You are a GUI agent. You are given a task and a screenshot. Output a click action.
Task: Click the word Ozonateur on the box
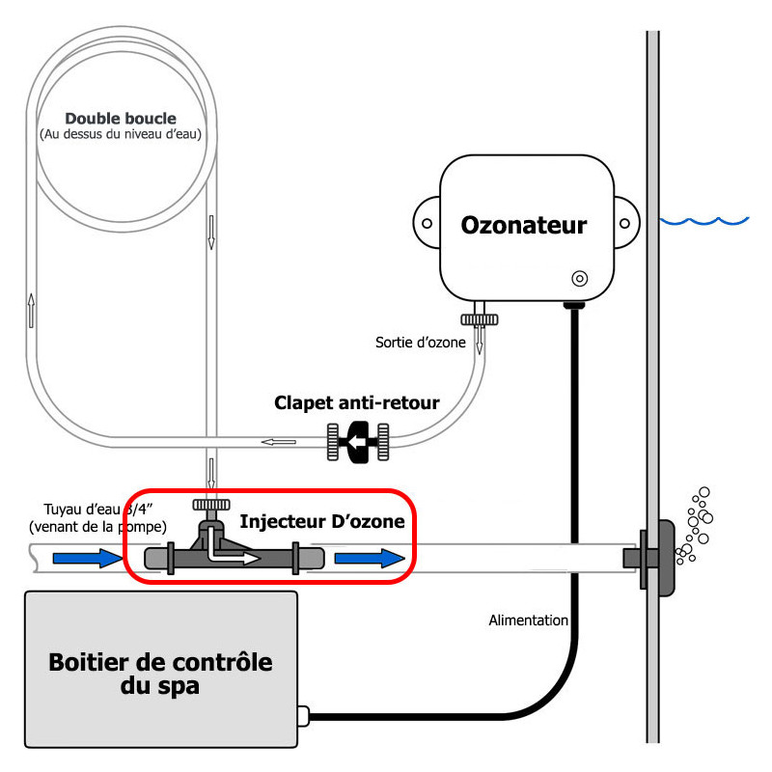[523, 226]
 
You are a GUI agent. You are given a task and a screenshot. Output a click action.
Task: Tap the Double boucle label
[121, 119]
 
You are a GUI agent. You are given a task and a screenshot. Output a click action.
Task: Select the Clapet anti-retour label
[356, 402]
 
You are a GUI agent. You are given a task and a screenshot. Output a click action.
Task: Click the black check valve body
[358, 442]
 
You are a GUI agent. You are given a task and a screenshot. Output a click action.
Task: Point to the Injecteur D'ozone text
[322, 521]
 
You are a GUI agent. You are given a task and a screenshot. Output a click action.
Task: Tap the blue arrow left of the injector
[88, 559]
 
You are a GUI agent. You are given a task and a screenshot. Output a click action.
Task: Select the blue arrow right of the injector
[370, 559]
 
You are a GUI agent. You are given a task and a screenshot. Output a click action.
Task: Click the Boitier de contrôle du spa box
[161, 670]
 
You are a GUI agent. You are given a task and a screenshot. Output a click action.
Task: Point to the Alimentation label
[528, 620]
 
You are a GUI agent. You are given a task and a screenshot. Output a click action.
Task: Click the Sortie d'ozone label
[421, 343]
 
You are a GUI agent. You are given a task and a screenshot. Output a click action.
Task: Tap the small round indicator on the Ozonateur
[580, 279]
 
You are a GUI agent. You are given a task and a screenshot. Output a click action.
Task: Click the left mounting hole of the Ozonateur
[427, 224]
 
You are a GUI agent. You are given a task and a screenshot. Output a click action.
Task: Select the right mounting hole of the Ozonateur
[624, 224]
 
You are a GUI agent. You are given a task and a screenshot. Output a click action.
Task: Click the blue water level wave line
[704, 221]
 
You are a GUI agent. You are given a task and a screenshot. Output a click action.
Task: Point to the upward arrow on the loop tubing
[32, 311]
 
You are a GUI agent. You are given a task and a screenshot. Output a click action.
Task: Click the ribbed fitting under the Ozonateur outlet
[479, 320]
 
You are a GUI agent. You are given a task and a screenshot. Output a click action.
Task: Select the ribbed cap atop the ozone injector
[211, 505]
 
